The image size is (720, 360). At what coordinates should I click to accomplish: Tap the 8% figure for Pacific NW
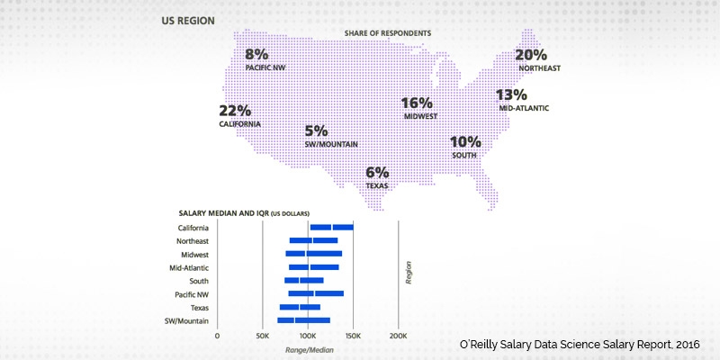[x=257, y=54]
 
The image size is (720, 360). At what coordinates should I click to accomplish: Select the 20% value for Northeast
[x=531, y=55]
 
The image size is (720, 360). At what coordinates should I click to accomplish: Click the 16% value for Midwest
[x=418, y=103]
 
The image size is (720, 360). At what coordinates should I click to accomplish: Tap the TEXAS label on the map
[x=377, y=185]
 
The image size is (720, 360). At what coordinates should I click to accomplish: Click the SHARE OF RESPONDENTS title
[x=387, y=33]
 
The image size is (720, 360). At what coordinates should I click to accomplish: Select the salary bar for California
[x=331, y=228]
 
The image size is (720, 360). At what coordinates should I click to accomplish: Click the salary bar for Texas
[x=300, y=307]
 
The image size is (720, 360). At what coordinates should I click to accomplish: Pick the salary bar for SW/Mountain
[x=303, y=320]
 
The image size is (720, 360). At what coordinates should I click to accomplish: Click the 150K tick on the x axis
[x=353, y=336]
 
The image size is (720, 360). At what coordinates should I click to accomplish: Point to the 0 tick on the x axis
[x=217, y=336]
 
